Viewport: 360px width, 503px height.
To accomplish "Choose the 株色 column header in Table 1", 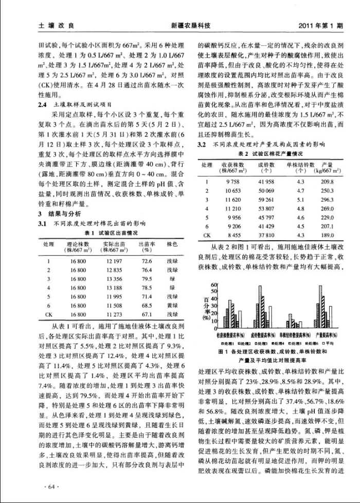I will tap(172, 243).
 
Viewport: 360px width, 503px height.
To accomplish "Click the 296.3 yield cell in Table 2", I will tap(327, 200).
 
